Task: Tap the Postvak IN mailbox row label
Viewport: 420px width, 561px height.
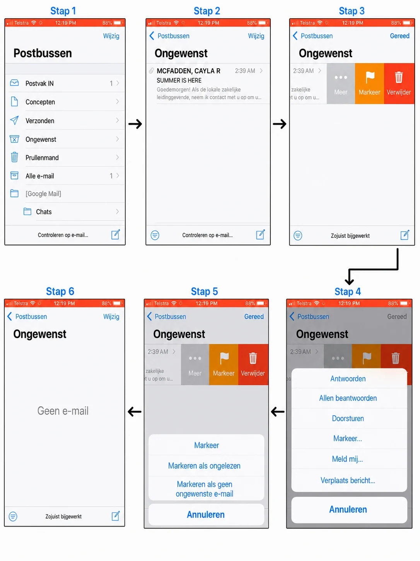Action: (x=39, y=83)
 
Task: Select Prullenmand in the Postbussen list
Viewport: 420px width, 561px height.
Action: (x=42, y=158)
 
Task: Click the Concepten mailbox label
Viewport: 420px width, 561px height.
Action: (x=40, y=102)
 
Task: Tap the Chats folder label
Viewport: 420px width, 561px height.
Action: (x=44, y=212)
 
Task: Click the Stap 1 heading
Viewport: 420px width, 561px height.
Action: (x=63, y=11)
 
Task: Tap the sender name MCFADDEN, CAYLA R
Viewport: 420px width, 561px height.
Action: (x=188, y=71)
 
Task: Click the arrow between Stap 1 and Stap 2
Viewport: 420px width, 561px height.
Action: (x=135, y=124)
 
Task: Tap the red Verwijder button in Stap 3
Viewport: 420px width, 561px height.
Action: (x=399, y=84)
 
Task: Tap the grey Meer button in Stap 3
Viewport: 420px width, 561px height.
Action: (x=341, y=84)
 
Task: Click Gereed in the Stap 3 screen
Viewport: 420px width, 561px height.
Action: (x=400, y=36)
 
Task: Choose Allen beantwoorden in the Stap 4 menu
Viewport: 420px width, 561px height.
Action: (x=348, y=398)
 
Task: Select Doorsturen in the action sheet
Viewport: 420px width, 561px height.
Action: (x=348, y=418)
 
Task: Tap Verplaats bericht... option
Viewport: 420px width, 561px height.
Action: (x=348, y=480)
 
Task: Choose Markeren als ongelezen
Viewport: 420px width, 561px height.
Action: (x=204, y=466)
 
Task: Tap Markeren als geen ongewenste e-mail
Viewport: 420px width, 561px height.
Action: (x=205, y=489)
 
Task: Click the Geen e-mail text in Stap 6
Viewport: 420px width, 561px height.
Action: (x=63, y=411)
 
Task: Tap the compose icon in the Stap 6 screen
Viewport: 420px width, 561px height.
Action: (x=116, y=516)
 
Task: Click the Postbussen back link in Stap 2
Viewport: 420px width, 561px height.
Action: (x=169, y=36)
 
